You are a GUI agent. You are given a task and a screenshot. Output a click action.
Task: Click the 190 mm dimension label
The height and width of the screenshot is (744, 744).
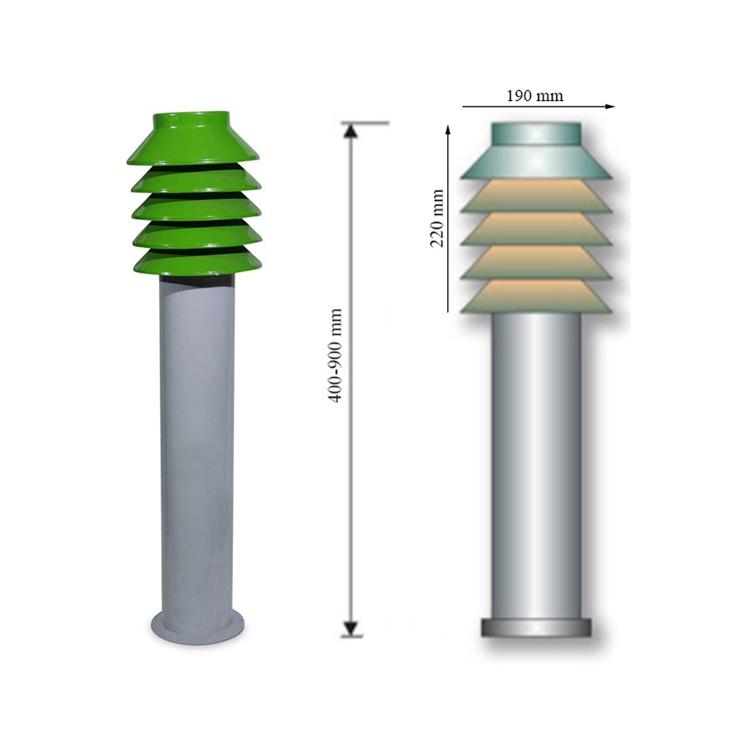click(x=535, y=96)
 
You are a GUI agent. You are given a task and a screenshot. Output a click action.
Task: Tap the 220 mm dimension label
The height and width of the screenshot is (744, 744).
click(x=437, y=218)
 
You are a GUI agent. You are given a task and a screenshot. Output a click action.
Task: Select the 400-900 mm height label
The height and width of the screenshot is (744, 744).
click(x=336, y=355)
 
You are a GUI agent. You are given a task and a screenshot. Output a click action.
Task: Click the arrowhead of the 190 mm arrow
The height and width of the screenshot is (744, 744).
click(x=610, y=107)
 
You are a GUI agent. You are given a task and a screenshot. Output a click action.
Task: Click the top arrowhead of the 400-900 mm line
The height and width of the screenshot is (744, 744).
click(x=351, y=130)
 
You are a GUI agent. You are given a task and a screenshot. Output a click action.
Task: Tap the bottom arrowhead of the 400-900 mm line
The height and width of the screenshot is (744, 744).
click(x=351, y=628)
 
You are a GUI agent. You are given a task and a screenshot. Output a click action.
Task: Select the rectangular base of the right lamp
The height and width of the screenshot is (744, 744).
click(x=537, y=627)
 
